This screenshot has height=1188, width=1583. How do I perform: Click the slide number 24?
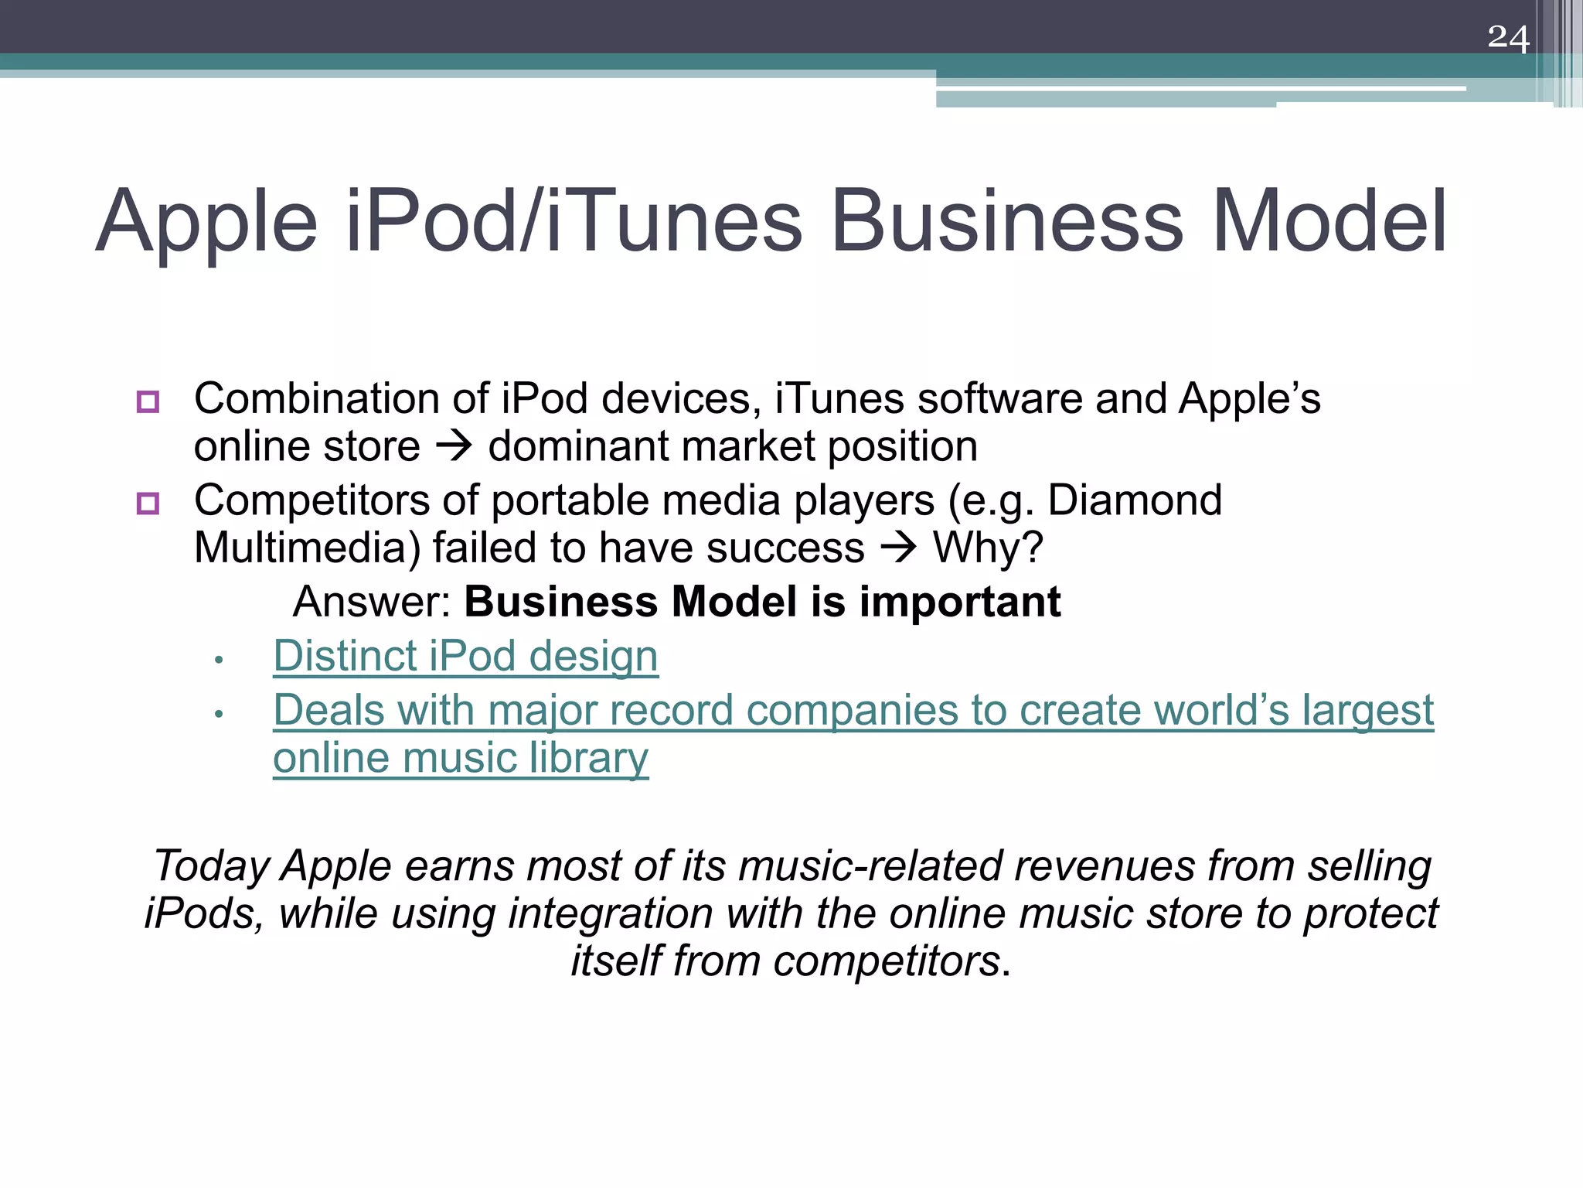coord(1508,38)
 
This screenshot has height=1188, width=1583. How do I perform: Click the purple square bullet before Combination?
coord(148,401)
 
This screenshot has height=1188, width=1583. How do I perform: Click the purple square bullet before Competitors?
coord(148,504)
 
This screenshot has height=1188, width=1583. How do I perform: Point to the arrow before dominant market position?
coord(454,447)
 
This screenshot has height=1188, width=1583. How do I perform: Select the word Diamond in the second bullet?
coord(1135,500)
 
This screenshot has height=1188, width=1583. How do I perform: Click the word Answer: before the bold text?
coord(372,602)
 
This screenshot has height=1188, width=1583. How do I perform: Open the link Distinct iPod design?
coord(465,656)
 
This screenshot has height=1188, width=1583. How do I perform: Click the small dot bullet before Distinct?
coord(219,660)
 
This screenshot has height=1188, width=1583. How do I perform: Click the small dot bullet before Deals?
coord(219,714)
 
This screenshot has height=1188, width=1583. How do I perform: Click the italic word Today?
coord(211,865)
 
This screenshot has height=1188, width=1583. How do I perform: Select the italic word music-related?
coord(870,865)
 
